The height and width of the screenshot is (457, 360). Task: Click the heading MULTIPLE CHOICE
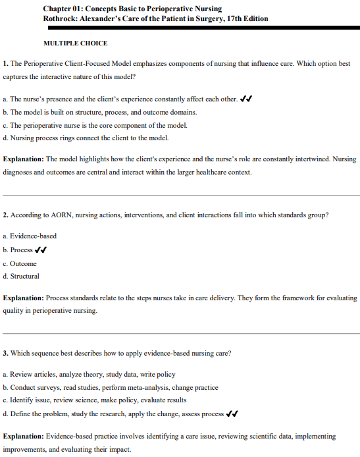pyautogui.click(x=75, y=43)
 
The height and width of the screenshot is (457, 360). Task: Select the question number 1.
pyautogui.click(x=5, y=63)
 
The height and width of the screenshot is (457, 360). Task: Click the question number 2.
pyautogui.click(x=5, y=215)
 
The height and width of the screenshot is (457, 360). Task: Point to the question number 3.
pyautogui.click(x=5, y=353)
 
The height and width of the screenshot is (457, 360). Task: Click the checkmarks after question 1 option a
pyautogui.click(x=247, y=99)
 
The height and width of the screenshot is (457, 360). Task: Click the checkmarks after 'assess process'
pyautogui.click(x=232, y=414)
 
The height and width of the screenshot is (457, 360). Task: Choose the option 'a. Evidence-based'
pyautogui.click(x=30, y=236)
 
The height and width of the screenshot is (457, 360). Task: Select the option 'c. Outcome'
pyautogui.click(x=20, y=263)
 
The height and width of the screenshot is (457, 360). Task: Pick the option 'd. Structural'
pyautogui.click(x=21, y=277)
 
